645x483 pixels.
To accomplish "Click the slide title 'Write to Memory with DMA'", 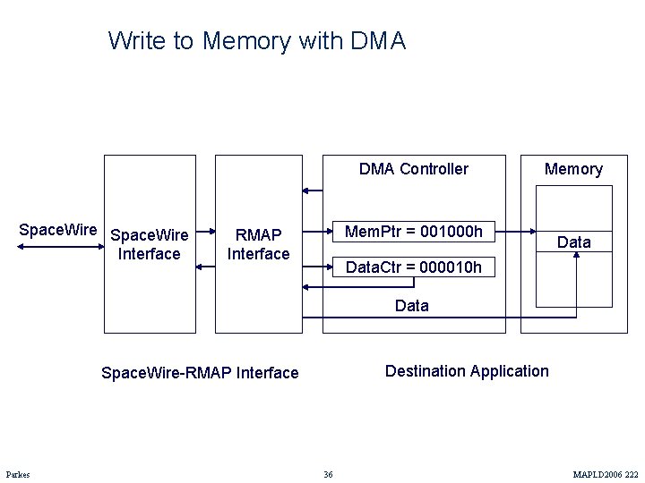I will [x=256, y=41].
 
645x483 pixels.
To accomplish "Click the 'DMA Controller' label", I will [x=413, y=169].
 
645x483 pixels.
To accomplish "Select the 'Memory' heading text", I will [x=573, y=169].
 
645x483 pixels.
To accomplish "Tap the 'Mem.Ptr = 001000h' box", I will [x=414, y=233].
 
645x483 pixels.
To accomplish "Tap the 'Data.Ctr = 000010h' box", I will [x=414, y=267].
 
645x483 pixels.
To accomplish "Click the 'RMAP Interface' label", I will [x=258, y=244].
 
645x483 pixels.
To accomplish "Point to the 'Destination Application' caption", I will [x=467, y=371].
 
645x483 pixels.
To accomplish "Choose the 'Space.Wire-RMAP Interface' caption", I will [x=200, y=373].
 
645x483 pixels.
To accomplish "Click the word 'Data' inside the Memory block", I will [x=573, y=242].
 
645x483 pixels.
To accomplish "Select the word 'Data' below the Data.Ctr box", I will [x=411, y=306].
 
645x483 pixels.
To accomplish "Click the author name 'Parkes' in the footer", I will [x=18, y=474].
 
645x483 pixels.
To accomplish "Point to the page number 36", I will [x=328, y=474].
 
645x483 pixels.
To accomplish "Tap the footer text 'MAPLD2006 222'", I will [x=606, y=474].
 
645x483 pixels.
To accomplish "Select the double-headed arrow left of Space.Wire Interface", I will [x=59, y=244].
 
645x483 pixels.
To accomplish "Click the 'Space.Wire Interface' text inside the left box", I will [x=149, y=244].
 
